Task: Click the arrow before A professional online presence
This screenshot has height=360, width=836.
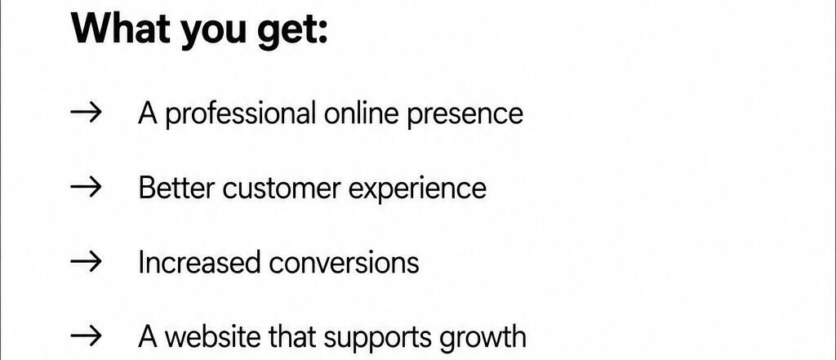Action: (x=85, y=113)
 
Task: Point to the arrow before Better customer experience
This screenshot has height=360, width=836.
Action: (x=85, y=187)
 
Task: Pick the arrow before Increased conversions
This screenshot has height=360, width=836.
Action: (x=85, y=262)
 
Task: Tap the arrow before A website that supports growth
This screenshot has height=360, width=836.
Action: (x=85, y=336)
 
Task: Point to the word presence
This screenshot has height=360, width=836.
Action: (x=465, y=115)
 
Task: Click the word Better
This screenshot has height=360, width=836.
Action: (x=176, y=188)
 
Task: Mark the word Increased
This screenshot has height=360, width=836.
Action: (x=199, y=262)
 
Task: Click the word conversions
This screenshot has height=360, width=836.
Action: (x=344, y=264)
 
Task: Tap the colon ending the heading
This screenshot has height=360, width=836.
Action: (x=322, y=33)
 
